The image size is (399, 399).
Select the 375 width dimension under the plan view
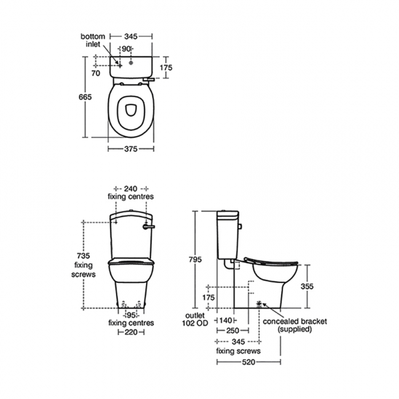tap(129, 149)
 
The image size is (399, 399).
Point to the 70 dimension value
tap(95, 72)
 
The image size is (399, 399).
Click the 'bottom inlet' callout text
tap(92, 41)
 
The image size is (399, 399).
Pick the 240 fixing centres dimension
tap(130, 188)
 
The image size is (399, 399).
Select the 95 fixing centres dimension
tap(130, 314)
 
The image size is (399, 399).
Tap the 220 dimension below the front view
tap(130, 331)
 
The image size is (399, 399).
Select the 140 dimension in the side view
tap(227, 320)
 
